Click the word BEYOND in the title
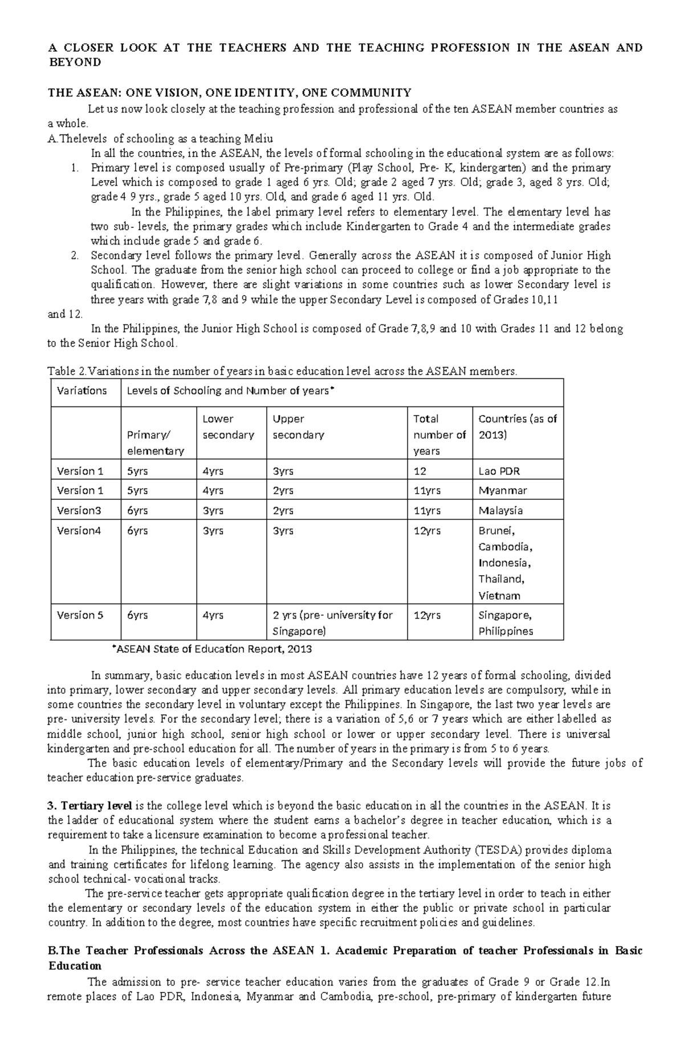coord(74,63)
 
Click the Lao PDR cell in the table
coord(499,471)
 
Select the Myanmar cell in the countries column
coord(502,491)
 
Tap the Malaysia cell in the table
coord(500,511)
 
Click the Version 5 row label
coord(80,615)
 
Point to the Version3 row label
coord(79,511)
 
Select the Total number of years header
coord(439,434)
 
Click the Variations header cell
coord(82,391)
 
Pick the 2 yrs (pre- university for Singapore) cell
coord(332,623)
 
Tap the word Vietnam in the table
coord(499,596)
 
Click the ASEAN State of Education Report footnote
coord(212,649)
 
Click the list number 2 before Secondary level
coord(74,255)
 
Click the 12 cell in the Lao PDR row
coord(420,471)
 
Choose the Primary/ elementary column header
coord(155,443)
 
